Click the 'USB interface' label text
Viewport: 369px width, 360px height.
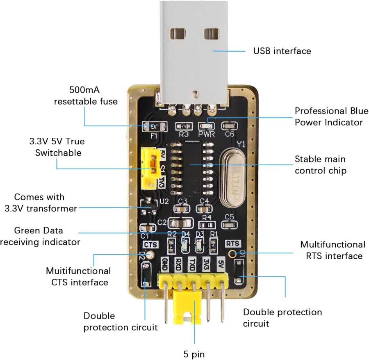[282, 51]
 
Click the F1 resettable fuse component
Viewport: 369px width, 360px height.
[154, 126]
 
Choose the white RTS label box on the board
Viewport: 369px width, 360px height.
[232, 243]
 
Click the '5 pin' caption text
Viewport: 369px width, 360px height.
[194, 353]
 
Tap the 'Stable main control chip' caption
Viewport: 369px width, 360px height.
[320, 164]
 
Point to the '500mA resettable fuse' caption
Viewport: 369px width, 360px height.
[86, 95]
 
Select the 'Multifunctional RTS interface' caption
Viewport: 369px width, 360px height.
[333, 250]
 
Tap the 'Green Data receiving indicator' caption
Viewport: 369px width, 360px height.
[40, 236]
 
